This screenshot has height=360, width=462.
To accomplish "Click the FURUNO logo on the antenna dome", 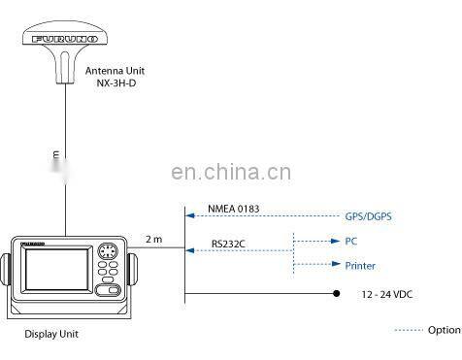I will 61,41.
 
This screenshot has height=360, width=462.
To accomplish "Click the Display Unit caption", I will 50,335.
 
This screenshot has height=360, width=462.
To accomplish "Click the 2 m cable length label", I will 153,239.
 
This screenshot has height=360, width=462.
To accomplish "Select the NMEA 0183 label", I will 234,209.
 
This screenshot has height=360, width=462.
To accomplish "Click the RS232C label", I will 230,245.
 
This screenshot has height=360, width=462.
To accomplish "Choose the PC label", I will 351,241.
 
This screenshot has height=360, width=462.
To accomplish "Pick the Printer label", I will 360,266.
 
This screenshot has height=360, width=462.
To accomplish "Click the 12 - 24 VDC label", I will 388,293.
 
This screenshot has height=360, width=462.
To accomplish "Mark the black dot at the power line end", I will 337,293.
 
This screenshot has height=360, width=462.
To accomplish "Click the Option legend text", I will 445,330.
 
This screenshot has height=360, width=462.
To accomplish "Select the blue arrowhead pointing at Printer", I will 333,265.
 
